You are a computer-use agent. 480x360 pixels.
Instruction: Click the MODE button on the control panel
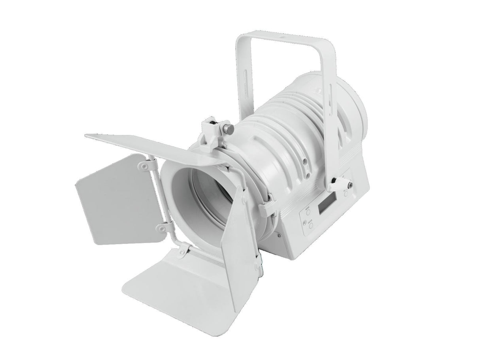pos(307,212)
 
